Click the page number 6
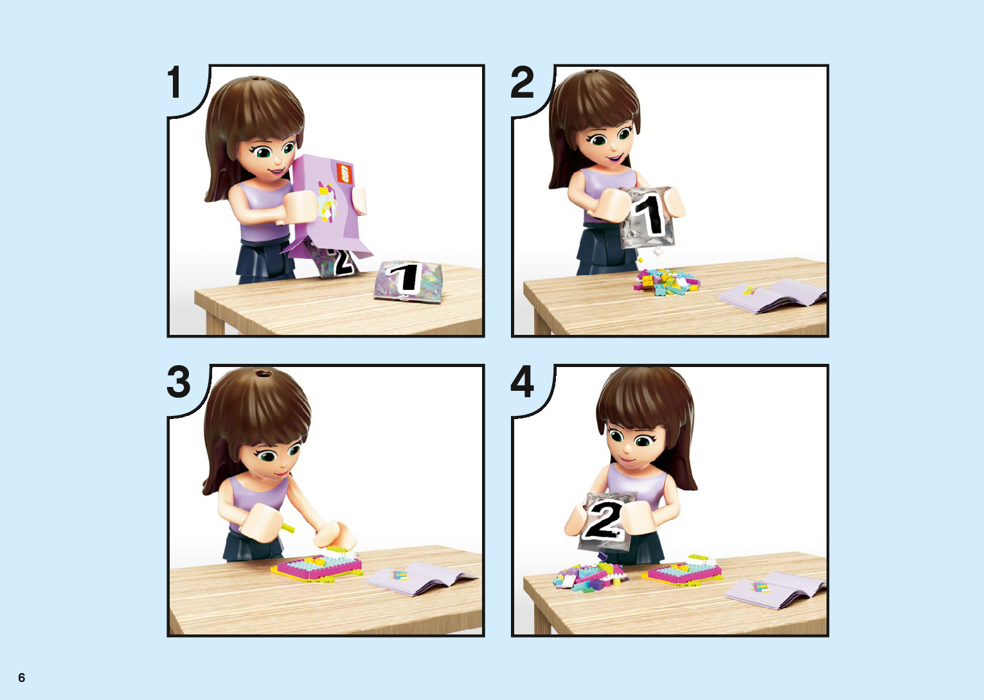point(21,677)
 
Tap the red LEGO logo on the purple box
point(345,174)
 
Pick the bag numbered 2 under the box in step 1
point(334,260)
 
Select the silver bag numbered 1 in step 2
point(647,217)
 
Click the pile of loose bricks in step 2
point(666,282)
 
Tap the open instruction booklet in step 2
point(772,296)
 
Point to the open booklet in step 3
point(421,577)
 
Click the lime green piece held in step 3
point(288,528)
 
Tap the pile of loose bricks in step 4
point(589,575)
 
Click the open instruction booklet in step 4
point(775,590)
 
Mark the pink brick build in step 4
point(683,570)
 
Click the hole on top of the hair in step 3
point(264,374)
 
